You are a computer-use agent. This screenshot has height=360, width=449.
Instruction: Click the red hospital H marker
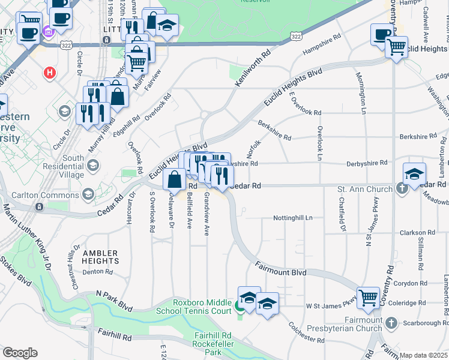pos(50,73)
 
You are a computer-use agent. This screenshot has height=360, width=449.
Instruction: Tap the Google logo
pos(20,353)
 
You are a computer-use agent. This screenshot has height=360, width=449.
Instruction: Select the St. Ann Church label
pos(364,189)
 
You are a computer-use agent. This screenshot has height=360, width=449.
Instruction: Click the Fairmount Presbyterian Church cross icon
pos(391,324)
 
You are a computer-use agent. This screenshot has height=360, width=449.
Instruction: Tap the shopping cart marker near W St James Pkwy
pos(368,297)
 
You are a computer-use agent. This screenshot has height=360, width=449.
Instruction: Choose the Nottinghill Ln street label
pos(293,218)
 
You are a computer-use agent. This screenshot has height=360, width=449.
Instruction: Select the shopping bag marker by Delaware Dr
pos(174,179)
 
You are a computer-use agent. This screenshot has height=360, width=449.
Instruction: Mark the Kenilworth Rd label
pos(253,66)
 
